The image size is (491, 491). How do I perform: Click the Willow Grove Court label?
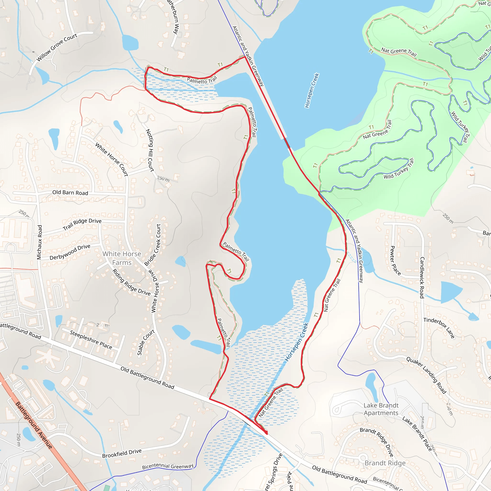click(57, 47)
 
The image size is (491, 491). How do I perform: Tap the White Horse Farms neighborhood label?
click(122, 258)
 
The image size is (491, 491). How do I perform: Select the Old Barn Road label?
click(70, 193)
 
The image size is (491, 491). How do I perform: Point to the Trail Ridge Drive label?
click(82, 224)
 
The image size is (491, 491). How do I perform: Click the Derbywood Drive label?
click(70, 252)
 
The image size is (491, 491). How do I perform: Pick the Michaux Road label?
click(39, 242)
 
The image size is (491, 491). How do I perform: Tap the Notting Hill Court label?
click(150, 151)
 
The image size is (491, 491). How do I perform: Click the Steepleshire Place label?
click(91, 339)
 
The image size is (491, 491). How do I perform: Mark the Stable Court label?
click(146, 342)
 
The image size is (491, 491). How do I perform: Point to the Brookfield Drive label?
click(122, 453)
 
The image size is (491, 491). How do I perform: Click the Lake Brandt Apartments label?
click(381, 409)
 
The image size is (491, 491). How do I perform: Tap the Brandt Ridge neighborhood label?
click(385, 463)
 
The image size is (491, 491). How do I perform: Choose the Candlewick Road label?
click(422, 278)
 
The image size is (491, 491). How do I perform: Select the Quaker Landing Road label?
click(426, 375)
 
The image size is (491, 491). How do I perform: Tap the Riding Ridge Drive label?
click(131, 282)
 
